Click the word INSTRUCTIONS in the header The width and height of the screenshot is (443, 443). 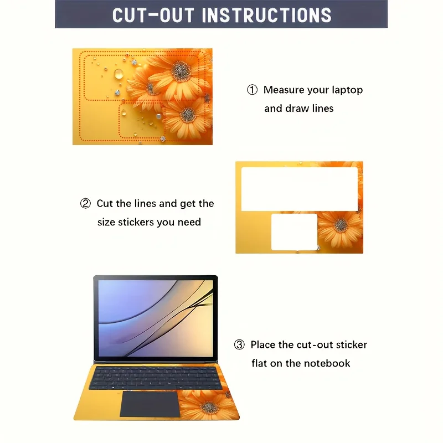(x=266, y=15)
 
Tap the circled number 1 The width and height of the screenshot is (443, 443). (x=252, y=90)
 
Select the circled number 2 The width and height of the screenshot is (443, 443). (x=85, y=203)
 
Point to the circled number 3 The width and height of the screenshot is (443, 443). (x=239, y=344)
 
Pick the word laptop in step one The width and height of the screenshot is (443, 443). (x=347, y=90)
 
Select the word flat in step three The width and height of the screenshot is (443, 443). (x=259, y=363)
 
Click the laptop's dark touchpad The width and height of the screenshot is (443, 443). (x=150, y=404)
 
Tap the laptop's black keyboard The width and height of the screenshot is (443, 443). (x=156, y=378)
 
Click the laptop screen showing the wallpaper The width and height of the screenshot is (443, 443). (x=156, y=318)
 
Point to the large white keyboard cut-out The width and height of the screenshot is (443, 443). (x=300, y=189)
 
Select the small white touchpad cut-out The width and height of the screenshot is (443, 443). (x=295, y=232)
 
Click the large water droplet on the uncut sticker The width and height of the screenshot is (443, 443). (x=119, y=74)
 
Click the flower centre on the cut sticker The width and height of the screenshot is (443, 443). (x=341, y=225)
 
